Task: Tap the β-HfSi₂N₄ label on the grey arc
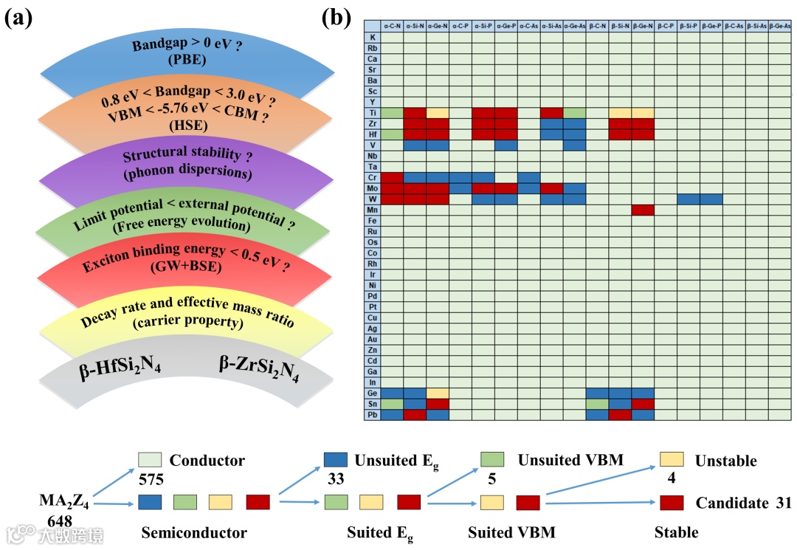click(120, 367)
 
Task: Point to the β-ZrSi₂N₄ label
click(259, 368)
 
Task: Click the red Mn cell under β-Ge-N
click(643, 209)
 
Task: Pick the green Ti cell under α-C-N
click(392, 112)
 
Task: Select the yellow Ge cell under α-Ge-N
click(438, 392)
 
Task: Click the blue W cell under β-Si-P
click(689, 199)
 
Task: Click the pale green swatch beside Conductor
click(148, 460)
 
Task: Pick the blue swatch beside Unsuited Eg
click(335, 460)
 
